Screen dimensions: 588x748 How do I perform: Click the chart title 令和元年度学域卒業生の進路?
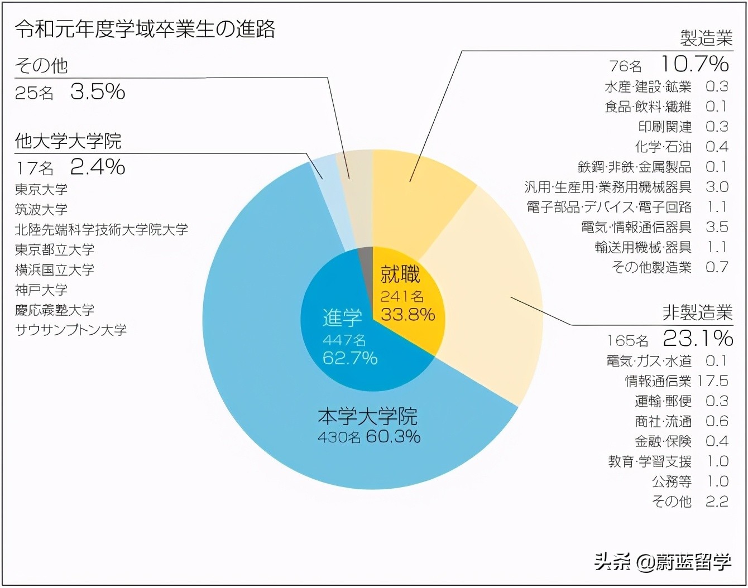145,29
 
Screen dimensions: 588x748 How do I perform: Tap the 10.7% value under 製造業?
694,64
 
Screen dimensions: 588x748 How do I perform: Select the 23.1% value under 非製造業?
698,338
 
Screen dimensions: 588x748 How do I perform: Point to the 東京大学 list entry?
41,190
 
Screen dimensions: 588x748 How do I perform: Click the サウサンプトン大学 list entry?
71,330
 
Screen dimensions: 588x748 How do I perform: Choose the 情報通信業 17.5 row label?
658,381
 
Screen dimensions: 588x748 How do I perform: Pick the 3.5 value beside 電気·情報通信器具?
717,227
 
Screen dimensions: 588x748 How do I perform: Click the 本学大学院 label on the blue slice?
367,416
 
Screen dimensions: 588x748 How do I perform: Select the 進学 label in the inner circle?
342,318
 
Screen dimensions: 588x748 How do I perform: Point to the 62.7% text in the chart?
350,358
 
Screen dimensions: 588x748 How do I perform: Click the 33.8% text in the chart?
407,315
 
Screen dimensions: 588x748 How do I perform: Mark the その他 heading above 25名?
41,66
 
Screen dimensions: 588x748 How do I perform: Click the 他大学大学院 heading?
68,141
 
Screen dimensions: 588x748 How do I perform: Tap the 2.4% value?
98,167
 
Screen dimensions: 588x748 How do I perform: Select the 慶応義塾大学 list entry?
55,310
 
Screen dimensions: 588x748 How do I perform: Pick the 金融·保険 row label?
663,441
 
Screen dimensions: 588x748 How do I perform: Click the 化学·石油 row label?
663,147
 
